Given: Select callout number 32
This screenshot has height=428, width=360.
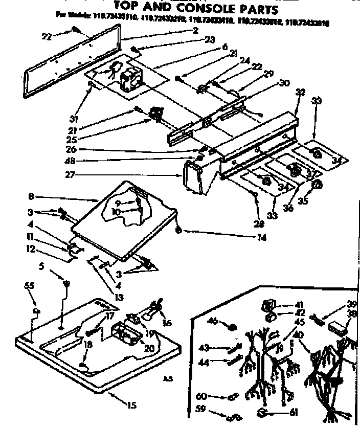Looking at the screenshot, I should [300, 93].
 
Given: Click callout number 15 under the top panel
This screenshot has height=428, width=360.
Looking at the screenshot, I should [131, 406].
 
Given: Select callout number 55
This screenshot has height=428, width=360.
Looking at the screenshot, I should [28, 285].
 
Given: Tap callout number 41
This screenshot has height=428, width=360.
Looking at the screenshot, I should [285, 304].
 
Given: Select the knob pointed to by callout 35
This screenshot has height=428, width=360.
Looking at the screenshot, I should [317, 185].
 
